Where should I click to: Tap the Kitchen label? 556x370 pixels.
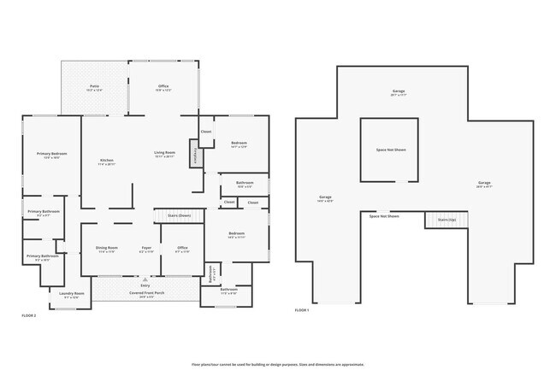(107, 161)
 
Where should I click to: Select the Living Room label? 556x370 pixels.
(164, 154)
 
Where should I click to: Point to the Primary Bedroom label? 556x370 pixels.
(51, 155)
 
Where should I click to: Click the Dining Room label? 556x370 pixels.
(107, 250)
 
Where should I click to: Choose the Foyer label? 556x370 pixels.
(146, 250)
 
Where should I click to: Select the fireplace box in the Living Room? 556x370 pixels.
(194, 158)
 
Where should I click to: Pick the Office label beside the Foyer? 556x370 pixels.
(182, 250)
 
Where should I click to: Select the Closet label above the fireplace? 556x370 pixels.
(206, 132)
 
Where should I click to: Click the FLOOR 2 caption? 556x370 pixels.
(29, 316)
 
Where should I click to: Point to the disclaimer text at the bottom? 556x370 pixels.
(277, 364)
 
